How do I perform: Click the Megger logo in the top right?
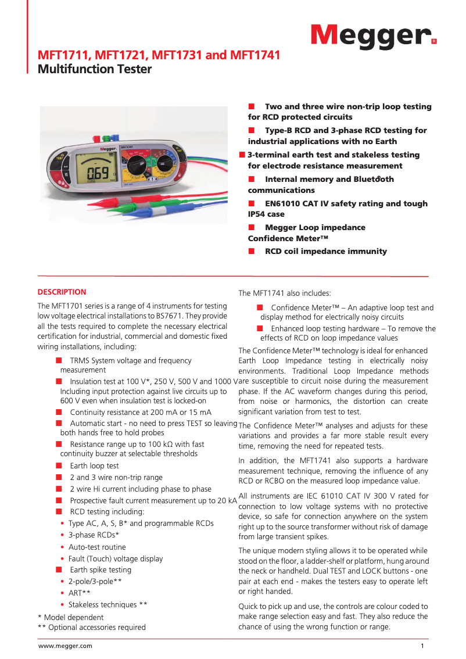coord(372,37)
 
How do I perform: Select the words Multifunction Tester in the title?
coord(94,70)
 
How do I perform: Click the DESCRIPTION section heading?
coord(62,292)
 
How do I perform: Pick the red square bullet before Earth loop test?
coord(59,466)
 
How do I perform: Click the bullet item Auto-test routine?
coord(97,547)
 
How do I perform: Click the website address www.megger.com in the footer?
coord(65,646)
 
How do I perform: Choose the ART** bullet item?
coord(80,593)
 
